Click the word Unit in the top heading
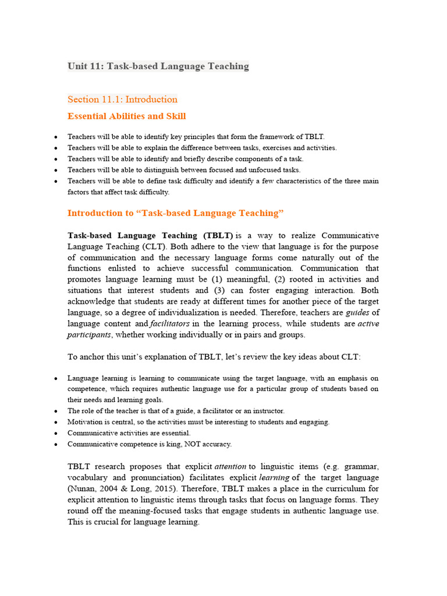(77, 66)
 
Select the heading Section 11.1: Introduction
(122, 99)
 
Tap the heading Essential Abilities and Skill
(126, 116)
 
